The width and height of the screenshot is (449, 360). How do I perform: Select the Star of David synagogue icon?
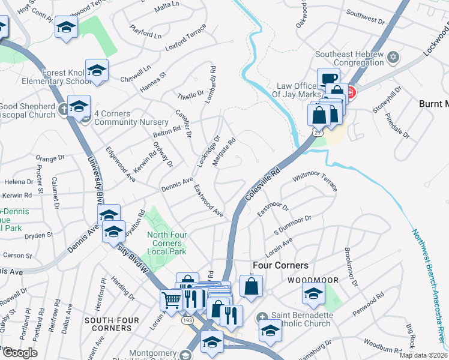pyautogui.click(x=393, y=58)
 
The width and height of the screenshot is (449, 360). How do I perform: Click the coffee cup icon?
pyautogui.click(x=329, y=79)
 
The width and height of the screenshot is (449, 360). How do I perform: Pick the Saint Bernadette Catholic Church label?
pyautogui.click(x=301, y=320)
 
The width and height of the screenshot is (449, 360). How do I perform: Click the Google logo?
pyautogui.click(x=19, y=353)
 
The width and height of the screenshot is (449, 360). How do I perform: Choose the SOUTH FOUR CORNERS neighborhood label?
pyautogui.click(x=108, y=324)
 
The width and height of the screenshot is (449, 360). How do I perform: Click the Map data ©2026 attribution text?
pyautogui.click(x=424, y=355)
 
